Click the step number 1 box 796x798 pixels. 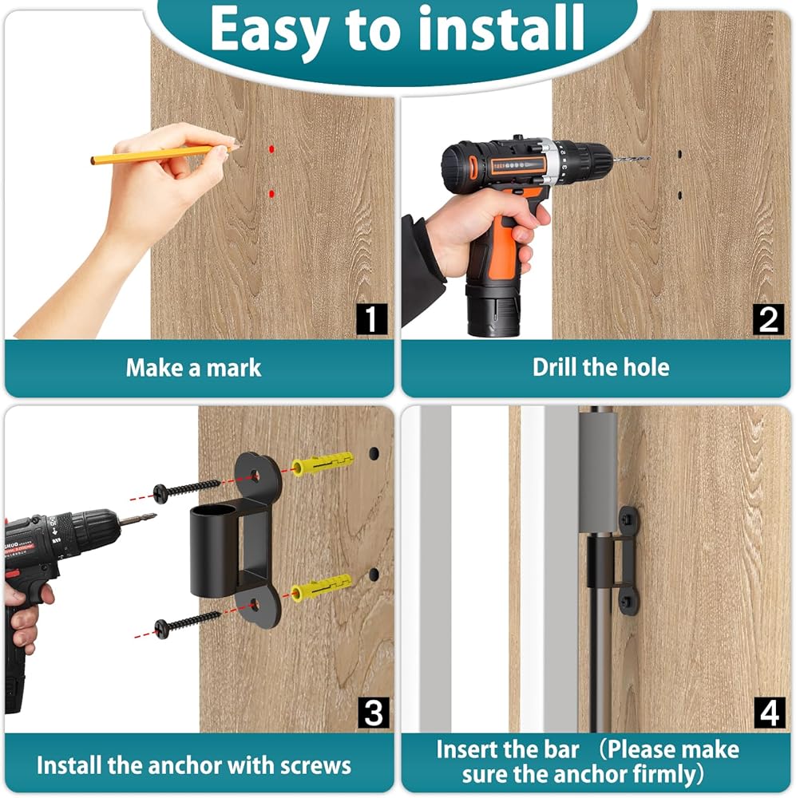pyautogui.click(x=371, y=319)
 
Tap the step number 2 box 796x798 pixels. pyautogui.click(x=769, y=319)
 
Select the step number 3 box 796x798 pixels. pyautogui.click(x=374, y=713)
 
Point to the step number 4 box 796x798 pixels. pyautogui.click(x=770, y=713)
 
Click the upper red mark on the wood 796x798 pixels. pyautogui.click(x=271, y=149)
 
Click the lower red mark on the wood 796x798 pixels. pyautogui.click(x=271, y=194)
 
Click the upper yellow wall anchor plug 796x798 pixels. pyautogui.click(x=323, y=462)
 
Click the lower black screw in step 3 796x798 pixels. pyautogui.click(x=187, y=623)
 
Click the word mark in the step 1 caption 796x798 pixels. pyautogui.click(x=234, y=367)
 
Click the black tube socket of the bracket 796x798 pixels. pyautogui.click(x=214, y=551)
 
